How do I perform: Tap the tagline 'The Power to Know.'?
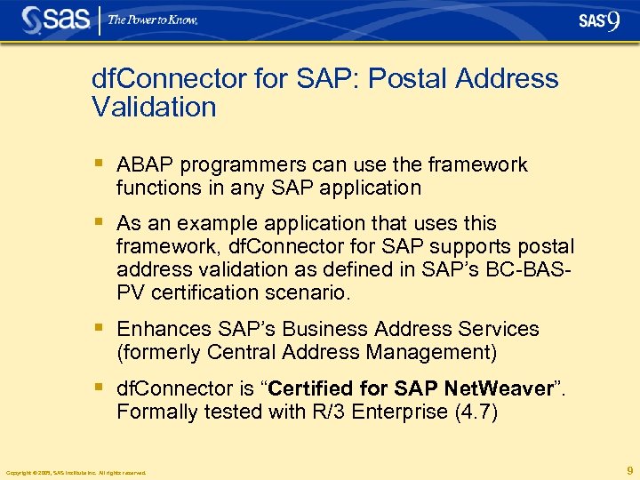[x=153, y=20]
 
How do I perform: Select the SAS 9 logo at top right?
[x=598, y=21]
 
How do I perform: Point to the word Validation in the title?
[x=154, y=108]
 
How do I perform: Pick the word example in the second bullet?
[x=207, y=223]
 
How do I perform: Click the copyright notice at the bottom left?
[x=76, y=472]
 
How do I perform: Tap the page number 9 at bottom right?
[x=629, y=470]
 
